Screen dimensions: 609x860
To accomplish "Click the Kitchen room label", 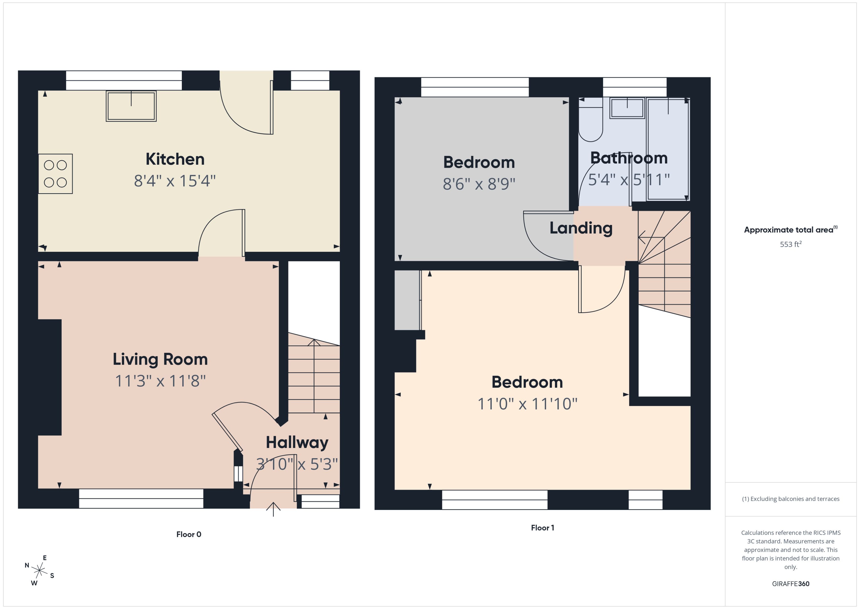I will pos(175,159).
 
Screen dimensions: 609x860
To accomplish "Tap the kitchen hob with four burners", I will pos(56,174).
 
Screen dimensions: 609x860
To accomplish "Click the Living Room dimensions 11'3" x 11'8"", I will pos(160,381).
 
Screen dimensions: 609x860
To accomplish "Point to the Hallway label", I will pos(297,443).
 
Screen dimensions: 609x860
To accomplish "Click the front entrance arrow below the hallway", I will pos(273,509).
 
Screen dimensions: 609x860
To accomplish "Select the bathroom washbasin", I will pos(627,108).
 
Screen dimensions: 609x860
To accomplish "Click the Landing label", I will pos(581,228).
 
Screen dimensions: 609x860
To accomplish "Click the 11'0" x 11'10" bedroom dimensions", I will pos(527,404).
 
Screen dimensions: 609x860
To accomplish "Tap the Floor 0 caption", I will pos(189,534).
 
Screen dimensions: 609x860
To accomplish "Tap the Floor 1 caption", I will pos(542,528).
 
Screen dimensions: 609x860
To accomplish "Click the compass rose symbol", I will pos(39,571).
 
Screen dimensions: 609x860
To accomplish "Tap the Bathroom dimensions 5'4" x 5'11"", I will pos(629,180).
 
